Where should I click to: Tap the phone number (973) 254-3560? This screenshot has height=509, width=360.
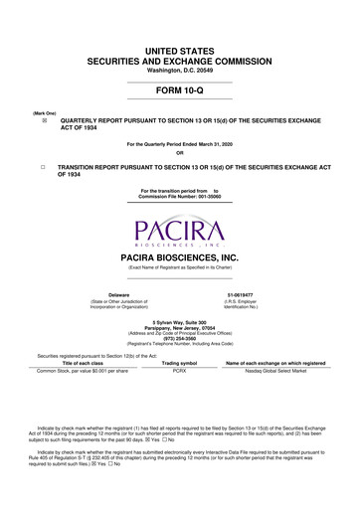click(180, 337)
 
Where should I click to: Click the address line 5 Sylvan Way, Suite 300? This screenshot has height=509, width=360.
click(180, 320)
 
